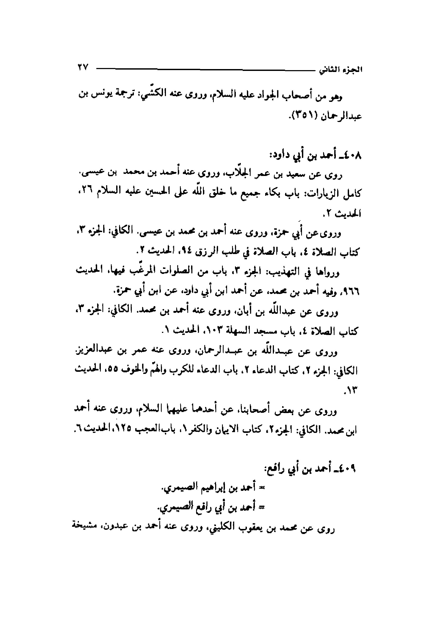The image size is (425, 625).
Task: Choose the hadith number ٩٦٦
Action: click(352, 292)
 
